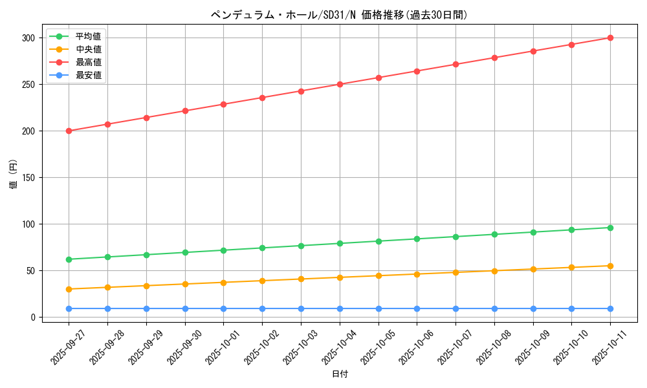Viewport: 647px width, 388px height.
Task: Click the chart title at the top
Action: pyautogui.click(x=339, y=15)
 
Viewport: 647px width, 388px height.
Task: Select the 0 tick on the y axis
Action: pyautogui.click(x=32, y=318)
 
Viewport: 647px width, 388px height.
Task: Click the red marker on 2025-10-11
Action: pyautogui.click(x=610, y=38)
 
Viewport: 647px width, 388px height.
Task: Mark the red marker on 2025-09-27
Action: pyautogui.click(x=69, y=131)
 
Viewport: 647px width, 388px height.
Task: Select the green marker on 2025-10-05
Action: pyautogui.click(x=378, y=241)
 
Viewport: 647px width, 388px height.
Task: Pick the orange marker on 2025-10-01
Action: pyautogui.click(x=224, y=283)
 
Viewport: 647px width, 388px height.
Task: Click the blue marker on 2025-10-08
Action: pyautogui.click(x=494, y=308)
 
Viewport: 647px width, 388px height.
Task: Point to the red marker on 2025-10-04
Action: pyautogui.click(x=340, y=84)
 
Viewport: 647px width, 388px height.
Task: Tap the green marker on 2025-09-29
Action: pyautogui.click(x=146, y=255)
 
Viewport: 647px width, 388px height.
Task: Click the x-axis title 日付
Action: pyautogui.click(x=340, y=374)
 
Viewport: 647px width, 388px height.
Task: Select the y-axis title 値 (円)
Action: pyautogui.click(x=13, y=175)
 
